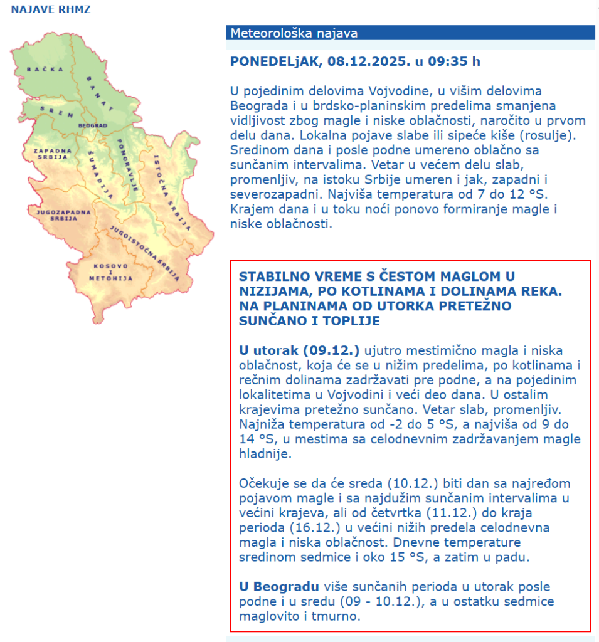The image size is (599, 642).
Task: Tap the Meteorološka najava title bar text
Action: tap(294, 33)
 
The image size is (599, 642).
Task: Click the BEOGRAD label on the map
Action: tap(93, 125)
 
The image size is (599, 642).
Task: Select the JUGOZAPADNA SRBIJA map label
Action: tap(56, 215)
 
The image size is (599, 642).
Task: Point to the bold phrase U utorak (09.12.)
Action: tap(299, 350)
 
